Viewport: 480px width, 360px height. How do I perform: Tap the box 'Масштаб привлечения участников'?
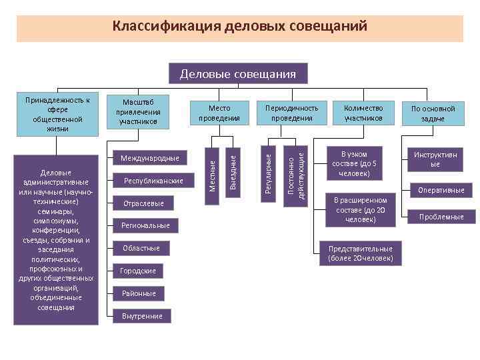(139, 111)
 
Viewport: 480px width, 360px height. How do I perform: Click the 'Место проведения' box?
(219, 113)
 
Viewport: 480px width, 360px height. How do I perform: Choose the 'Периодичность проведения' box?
(292, 113)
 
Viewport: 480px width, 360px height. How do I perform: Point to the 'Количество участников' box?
(363, 113)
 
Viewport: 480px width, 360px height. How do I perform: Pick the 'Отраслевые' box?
(143, 203)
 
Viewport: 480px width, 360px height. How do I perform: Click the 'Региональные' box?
(145, 226)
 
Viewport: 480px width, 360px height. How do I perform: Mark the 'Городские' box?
(138, 271)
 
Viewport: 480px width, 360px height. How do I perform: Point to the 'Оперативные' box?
(440, 191)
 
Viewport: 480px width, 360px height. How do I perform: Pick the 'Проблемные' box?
(440, 217)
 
